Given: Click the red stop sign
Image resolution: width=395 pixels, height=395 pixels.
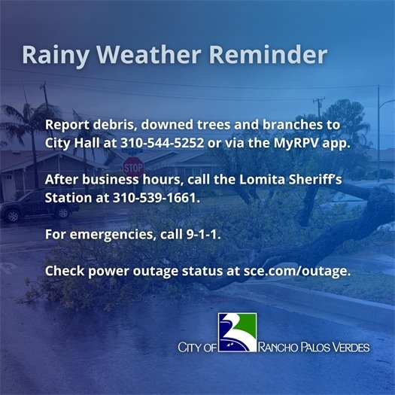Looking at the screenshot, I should [133, 166].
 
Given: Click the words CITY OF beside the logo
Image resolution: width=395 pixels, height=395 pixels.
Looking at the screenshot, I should [196, 348].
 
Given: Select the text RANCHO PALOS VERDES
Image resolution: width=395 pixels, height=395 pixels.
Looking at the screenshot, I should [315, 348].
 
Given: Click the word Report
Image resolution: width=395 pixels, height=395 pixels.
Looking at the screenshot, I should [65, 124].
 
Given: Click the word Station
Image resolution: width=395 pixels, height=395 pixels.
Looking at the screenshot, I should [68, 199].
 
